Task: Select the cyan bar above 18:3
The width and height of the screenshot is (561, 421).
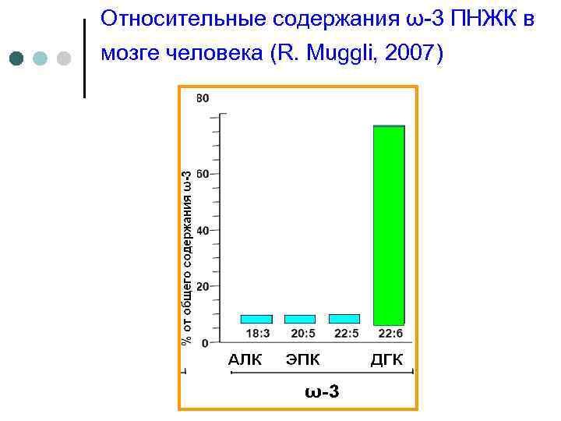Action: (256, 319)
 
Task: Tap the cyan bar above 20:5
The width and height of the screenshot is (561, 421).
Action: (300, 319)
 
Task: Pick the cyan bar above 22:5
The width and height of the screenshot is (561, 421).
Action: (344, 318)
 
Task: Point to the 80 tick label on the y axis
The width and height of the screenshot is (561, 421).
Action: (203, 98)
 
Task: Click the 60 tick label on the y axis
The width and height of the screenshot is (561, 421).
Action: (203, 174)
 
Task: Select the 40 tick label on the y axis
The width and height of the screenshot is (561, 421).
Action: (203, 231)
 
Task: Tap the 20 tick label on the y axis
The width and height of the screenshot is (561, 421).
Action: (203, 287)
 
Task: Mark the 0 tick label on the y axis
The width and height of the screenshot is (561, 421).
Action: (205, 343)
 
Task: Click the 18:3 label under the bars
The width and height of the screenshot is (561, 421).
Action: (258, 334)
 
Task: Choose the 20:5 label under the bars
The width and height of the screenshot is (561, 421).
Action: (302, 334)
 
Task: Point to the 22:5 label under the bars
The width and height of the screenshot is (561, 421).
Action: (345, 334)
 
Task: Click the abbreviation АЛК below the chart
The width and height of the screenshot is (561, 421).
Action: (245, 359)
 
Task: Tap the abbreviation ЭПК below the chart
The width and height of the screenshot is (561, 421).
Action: (303, 359)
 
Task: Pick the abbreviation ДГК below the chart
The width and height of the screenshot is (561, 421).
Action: (386, 359)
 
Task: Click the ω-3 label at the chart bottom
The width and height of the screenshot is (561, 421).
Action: (322, 390)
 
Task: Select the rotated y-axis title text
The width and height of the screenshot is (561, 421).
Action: (186, 257)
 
